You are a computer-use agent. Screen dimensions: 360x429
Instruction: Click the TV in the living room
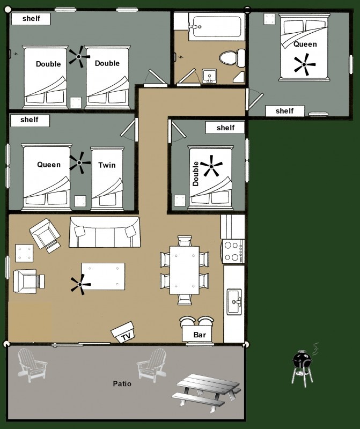(123, 332)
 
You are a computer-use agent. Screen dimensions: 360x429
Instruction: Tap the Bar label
(200, 335)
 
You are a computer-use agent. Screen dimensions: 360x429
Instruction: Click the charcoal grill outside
(303, 366)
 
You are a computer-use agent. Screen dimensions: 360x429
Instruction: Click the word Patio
(122, 383)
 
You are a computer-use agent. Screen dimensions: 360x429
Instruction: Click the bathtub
(217, 26)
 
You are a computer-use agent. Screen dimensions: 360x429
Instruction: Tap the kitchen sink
(234, 302)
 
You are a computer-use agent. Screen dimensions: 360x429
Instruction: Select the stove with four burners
(233, 252)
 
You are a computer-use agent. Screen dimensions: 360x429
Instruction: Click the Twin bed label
(107, 165)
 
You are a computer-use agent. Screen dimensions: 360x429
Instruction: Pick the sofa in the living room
(105, 232)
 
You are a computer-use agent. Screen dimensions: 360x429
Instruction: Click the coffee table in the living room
(103, 276)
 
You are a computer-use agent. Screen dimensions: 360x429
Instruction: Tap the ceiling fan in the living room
(80, 285)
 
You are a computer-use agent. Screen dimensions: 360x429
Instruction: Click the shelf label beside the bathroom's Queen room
(285, 111)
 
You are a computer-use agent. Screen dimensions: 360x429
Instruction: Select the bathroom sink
(209, 76)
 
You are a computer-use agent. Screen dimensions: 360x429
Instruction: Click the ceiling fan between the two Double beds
(79, 57)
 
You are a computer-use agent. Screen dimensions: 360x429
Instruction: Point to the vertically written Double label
(195, 174)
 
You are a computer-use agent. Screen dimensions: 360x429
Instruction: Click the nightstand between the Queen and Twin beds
(80, 201)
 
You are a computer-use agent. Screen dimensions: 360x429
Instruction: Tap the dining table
(185, 270)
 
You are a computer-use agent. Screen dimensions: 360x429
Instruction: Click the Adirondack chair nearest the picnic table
(152, 365)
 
